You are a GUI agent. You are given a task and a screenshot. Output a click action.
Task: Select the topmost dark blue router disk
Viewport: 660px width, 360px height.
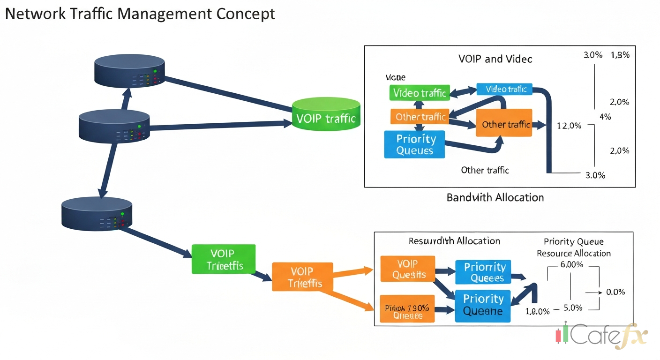tap(129, 70)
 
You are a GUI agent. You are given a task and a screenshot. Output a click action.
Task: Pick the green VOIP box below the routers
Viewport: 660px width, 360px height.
tap(224, 259)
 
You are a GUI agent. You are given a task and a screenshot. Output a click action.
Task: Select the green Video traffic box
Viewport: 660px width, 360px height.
tap(419, 93)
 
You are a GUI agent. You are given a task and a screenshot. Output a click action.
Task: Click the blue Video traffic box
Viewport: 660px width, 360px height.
tap(504, 89)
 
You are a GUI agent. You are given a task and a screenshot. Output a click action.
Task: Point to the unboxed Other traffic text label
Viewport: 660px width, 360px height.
tap(485, 170)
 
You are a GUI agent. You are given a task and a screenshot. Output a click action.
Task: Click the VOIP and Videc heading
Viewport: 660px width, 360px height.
tap(495, 59)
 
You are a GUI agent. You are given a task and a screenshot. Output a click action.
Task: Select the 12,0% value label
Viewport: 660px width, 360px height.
tap(569, 126)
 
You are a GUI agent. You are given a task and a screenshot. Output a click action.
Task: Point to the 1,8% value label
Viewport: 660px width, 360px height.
tap(620, 55)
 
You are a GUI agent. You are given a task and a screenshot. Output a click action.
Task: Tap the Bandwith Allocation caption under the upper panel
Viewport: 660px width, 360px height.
tap(495, 197)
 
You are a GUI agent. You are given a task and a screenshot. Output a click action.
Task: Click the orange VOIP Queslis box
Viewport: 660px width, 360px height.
tap(408, 269)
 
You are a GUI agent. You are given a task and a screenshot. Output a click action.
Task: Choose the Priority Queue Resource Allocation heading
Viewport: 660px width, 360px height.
tap(573, 247)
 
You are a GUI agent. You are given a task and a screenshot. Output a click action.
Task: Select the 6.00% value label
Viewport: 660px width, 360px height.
tap(571, 264)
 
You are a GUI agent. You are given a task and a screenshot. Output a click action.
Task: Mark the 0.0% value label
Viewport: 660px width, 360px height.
tap(615, 292)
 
